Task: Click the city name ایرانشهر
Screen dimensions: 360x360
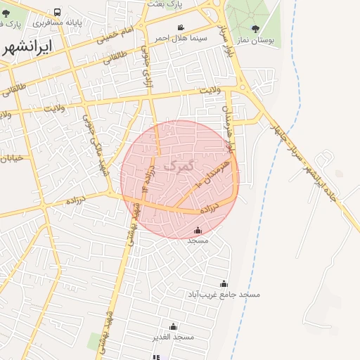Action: [x=26, y=49]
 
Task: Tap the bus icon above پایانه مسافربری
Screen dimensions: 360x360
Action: [x=57, y=12]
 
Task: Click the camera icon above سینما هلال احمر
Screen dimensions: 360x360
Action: [x=181, y=27]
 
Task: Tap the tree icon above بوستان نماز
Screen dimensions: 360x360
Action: [x=255, y=30]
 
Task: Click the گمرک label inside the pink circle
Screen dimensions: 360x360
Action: [x=177, y=166]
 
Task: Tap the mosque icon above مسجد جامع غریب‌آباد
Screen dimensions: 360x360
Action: [x=224, y=283]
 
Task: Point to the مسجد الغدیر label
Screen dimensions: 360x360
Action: [x=173, y=337]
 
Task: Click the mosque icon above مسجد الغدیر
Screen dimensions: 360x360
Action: [x=173, y=327]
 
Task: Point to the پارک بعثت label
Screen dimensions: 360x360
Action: [x=165, y=4]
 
